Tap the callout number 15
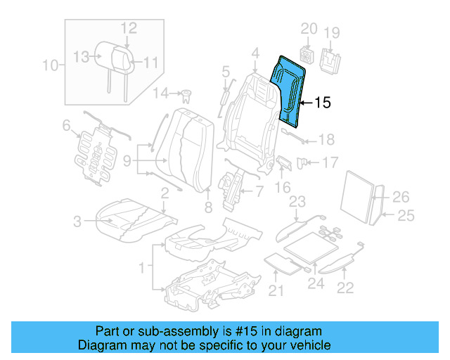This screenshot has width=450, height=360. (x=321, y=103)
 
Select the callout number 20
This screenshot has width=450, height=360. (x=309, y=29)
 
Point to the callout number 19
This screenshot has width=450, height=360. (x=331, y=32)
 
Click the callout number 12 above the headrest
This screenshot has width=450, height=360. (x=128, y=28)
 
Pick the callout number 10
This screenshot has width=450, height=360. (x=50, y=66)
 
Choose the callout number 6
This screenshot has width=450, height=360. (x=66, y=126)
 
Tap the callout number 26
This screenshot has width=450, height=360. (x=400, y=197)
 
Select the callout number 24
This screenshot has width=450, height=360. (x=316, y=284)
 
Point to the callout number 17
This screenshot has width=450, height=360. (x=330, y=162)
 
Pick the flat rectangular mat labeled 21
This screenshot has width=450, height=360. (x=283, y=263)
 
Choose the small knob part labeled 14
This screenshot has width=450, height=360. (x=186, y=93)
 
